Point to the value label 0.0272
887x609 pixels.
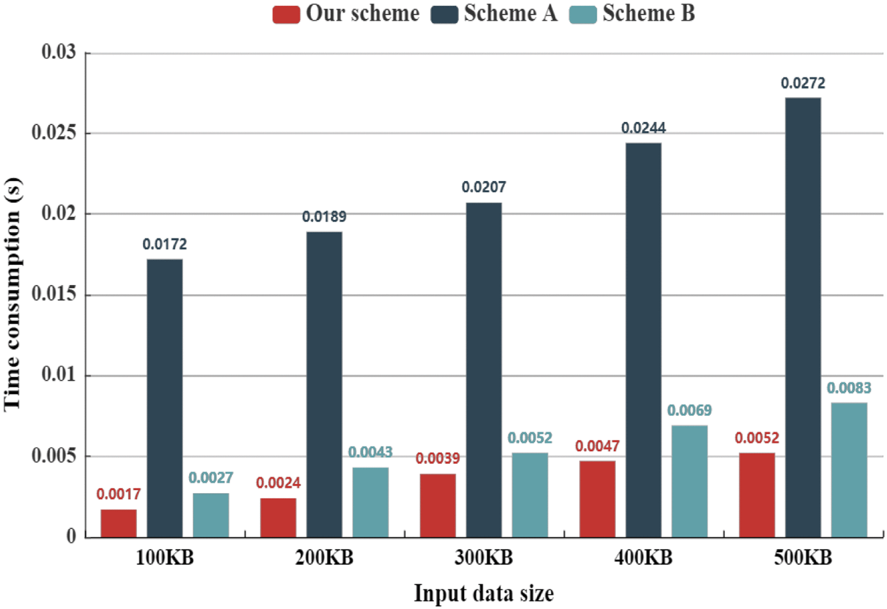coord(803,83)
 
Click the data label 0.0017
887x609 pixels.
coord(118,494)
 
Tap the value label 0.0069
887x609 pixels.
coord(689,411)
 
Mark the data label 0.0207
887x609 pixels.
coord(483,187)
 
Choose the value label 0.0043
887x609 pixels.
coord(370,452)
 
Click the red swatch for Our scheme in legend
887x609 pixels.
coord(286,14)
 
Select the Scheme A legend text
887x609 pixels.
coord(510,13)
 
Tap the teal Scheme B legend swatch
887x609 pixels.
coord(582,14)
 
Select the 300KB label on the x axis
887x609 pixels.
coord(483,558)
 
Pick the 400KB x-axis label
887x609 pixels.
coord(643,558)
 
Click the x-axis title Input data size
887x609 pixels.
coord(483,593)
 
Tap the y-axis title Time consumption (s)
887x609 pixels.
coord(12,295)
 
